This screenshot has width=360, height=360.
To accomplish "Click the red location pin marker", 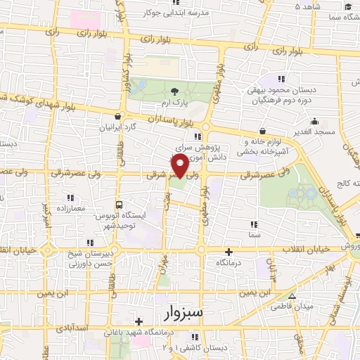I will tap(180, 166).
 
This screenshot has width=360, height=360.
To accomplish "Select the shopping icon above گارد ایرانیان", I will tap(118, 117).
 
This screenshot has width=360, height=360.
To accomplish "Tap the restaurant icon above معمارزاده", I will tap(70, 198).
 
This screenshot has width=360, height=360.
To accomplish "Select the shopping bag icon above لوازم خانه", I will tap(263, 130).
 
